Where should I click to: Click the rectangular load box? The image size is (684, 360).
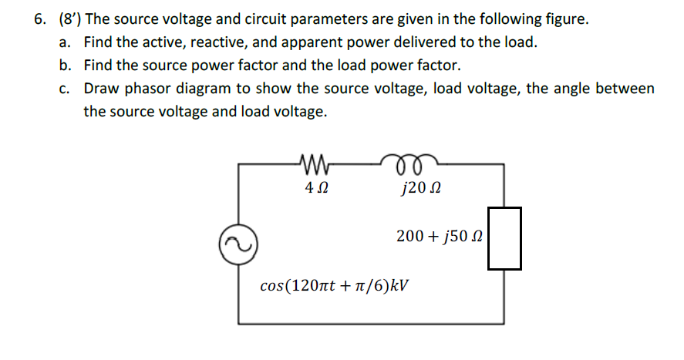point(504,238)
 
